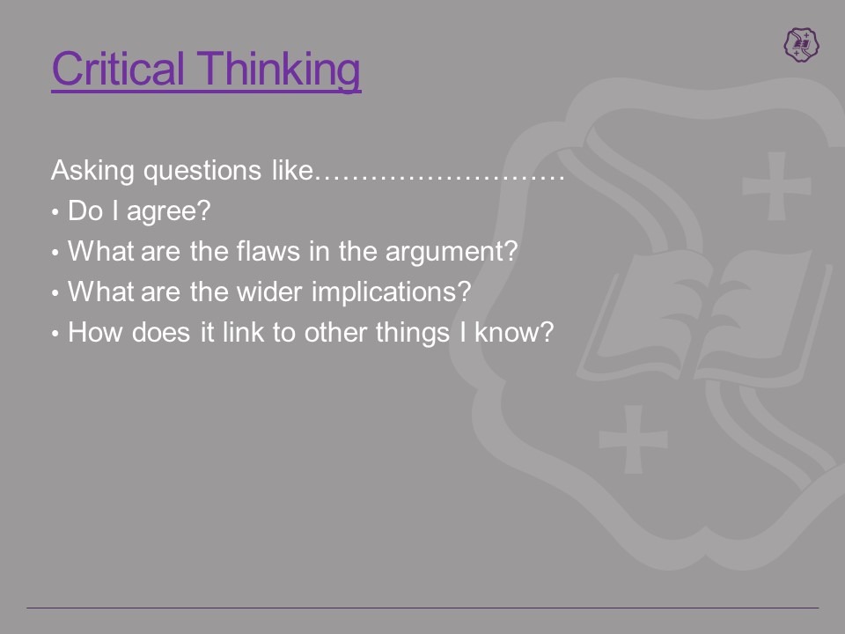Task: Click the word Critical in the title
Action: point(118,69)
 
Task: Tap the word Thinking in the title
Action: point(279,71)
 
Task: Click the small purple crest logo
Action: point(801,45)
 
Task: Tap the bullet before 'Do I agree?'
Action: point(55,212)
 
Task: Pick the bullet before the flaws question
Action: point(55,253)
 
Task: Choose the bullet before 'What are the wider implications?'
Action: point(55,292)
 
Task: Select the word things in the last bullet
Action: point(412,333)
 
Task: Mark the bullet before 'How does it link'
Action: point(55,333)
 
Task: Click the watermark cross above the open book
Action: point(776,186)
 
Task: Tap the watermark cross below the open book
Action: point(634,439)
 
